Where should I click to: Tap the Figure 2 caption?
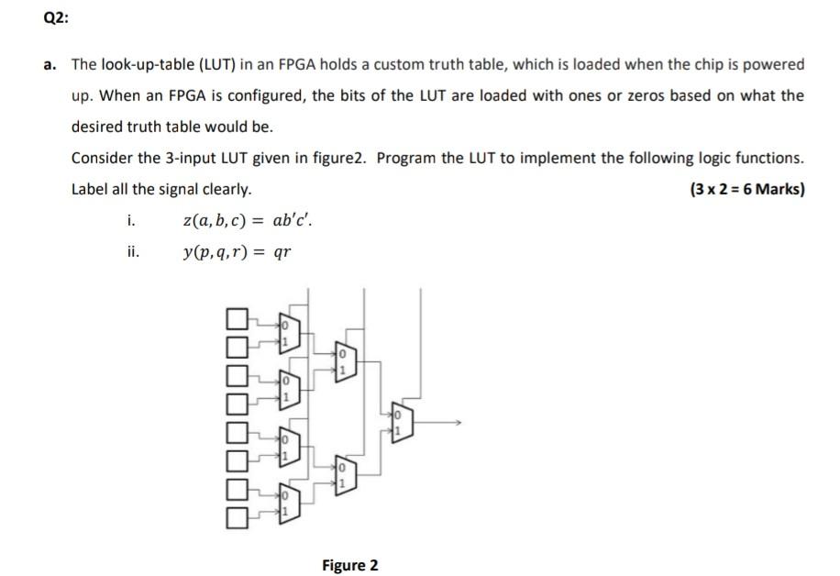pyautogui.click(x=349, y=564)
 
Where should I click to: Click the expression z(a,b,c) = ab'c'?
pyautogui.click(x=252, y=220)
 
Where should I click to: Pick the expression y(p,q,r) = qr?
pyautogui.click(x=237, y=252)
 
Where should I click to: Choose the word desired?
pyautogui.click(x=98, y=127)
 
